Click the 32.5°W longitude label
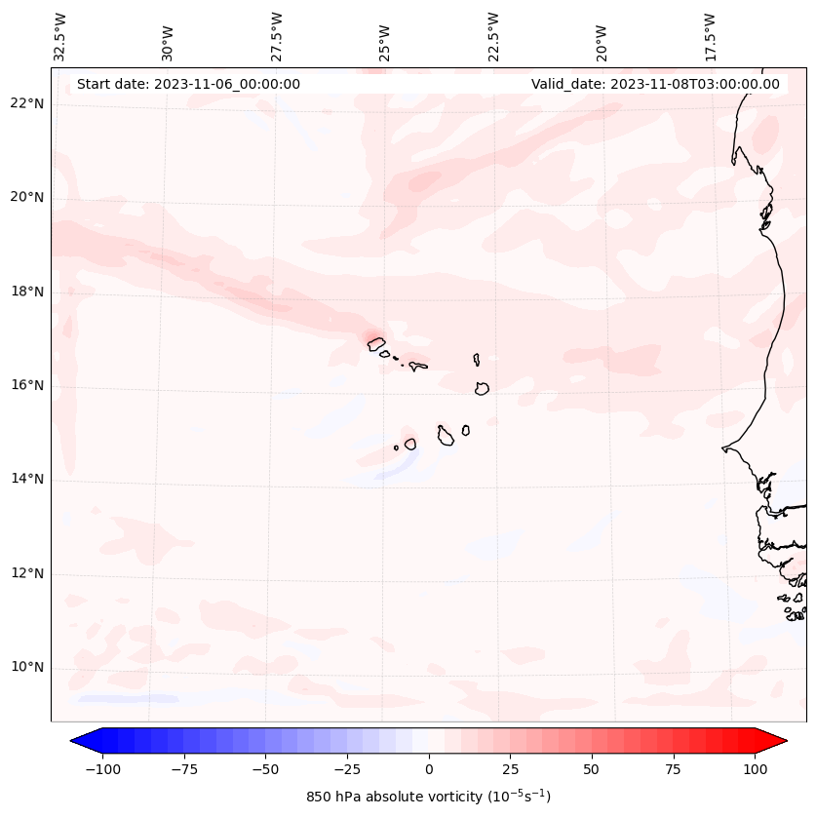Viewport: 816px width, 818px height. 60,36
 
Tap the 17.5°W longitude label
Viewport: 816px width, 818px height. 710,36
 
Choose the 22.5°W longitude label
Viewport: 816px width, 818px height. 493,36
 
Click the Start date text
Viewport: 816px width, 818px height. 188,84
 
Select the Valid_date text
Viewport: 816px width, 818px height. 655,84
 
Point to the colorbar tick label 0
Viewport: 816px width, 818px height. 428,769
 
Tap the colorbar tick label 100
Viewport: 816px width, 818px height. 756,769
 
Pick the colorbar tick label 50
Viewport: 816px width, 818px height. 592,769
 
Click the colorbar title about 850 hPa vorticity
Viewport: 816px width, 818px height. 428,797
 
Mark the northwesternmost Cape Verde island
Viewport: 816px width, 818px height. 376,343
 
